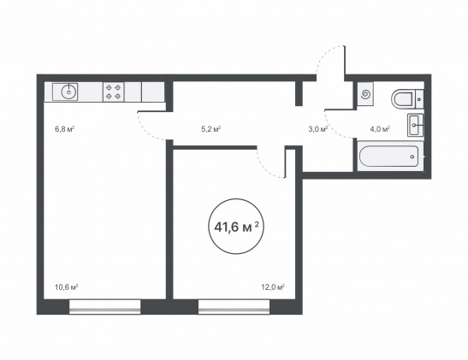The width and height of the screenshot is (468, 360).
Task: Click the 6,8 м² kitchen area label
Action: pos(64,129)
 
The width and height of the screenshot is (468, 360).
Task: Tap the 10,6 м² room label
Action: pos(66,287)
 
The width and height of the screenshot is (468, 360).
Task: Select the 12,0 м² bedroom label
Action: pos(273,287)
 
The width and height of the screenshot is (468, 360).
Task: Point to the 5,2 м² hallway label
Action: pos(210,129)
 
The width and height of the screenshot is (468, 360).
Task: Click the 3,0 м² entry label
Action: pos(318,129)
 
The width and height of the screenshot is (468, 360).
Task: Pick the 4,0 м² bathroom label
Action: pos(380,129)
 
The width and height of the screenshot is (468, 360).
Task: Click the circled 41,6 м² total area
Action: pos(236,227)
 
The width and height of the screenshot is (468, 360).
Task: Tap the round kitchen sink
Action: pos(69,91)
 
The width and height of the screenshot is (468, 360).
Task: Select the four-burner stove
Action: pos(114,91)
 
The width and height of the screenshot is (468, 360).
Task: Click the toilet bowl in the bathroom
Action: pos(402,99)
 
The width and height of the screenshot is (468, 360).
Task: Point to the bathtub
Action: pos(389,156)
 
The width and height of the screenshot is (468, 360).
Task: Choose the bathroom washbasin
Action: pos(415,125)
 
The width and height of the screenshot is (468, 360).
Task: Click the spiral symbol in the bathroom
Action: pos(364,95)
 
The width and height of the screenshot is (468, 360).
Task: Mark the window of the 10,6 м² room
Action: pos(104,307)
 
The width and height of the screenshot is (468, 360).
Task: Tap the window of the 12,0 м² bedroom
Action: pos(234,307)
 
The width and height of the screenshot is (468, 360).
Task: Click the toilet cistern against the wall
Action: pos(419,99)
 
